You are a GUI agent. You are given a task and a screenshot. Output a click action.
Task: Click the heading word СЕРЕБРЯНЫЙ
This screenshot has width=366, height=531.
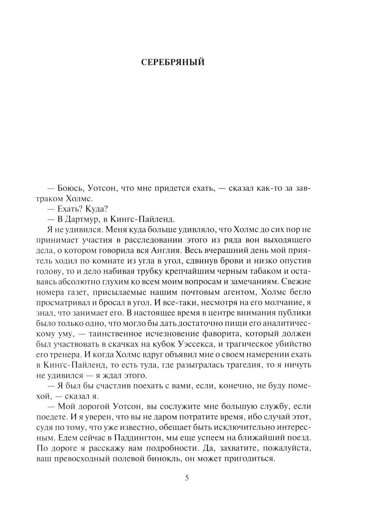click(x=173, y=63)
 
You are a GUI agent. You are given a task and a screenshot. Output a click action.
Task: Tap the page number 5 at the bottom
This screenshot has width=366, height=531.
click(x=187, y=478)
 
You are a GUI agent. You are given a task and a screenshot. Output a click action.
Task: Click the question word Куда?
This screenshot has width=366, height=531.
click(x=96, y=209)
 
